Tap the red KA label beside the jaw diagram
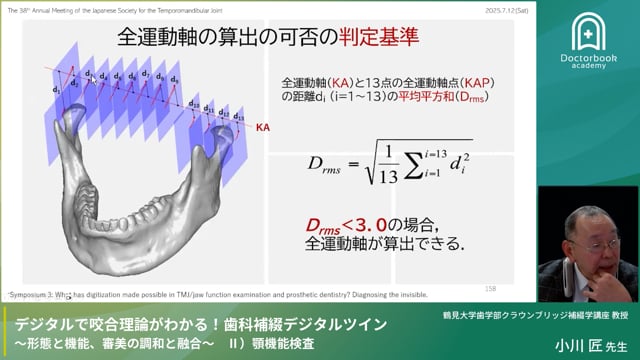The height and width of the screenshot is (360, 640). coord(263,129)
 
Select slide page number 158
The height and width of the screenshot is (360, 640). coord(490,287)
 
